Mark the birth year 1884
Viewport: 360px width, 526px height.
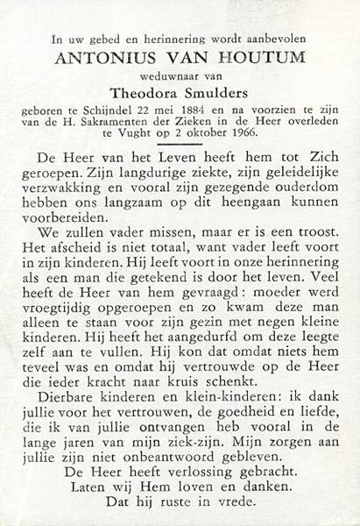208,111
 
